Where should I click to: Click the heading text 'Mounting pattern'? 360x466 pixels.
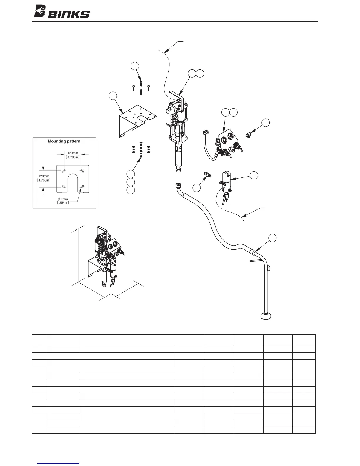pos(64,141)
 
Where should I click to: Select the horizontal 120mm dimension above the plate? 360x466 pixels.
pos(73,155)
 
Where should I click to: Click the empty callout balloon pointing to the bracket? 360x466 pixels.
pos(113,96)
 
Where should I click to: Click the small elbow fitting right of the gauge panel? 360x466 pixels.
pos(249,135)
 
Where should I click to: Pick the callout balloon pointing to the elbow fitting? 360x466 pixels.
pos(266,123)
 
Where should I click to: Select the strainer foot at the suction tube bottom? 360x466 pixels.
pos(265,316)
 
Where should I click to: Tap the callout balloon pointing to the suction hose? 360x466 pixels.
pos(273,238)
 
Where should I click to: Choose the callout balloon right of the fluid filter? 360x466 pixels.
pos(254,175)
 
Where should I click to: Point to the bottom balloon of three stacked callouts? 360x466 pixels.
pos(131,190)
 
